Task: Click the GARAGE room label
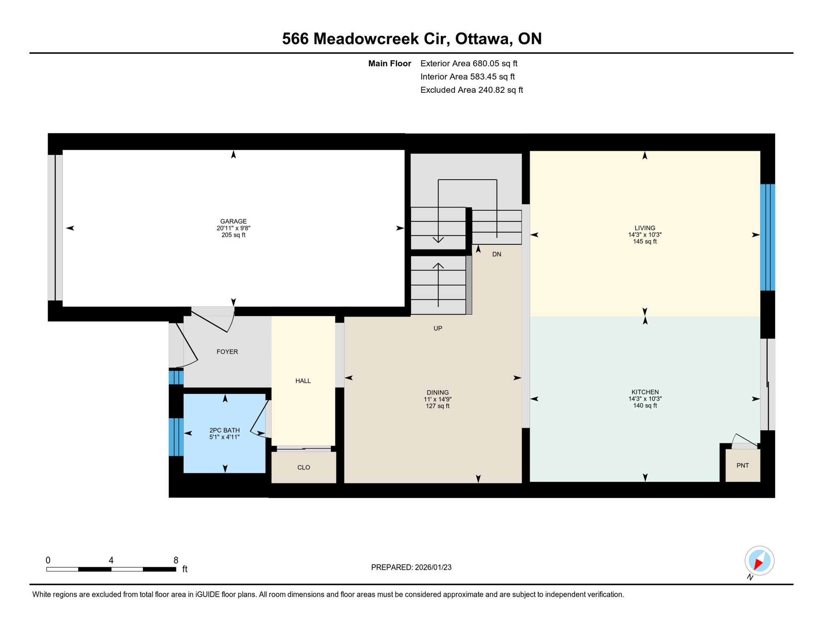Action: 233,222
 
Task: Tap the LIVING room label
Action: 645,228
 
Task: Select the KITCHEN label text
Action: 645,392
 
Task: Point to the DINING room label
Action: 438,393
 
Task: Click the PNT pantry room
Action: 743,465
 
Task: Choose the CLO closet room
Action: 303,467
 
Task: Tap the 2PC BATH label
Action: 224,430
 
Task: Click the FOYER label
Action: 227,352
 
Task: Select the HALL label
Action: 303,381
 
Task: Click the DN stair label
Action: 497,254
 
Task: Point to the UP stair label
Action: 438,328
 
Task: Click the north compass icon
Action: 759,561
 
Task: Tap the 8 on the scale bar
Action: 176,560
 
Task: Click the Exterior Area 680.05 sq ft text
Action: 469,63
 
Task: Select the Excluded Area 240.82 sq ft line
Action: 472,90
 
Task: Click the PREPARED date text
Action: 411,567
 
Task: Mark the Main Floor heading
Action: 390,63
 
